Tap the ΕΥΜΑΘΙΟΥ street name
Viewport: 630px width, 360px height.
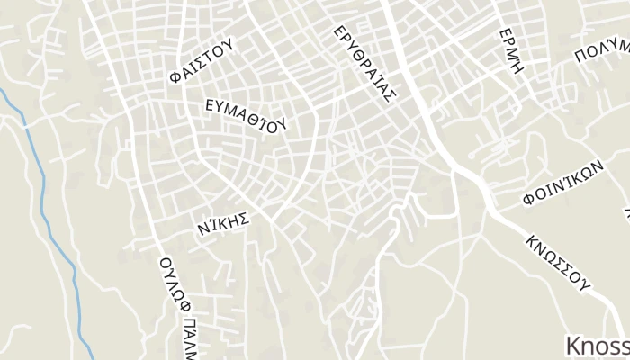pos(246,114)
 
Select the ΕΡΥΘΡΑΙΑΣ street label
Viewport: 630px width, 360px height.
pos(364,65)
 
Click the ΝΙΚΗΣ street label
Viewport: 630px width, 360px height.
pos(221,224)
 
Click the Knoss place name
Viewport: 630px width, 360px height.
pos(597,346)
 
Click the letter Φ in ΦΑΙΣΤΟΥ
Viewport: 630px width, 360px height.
pos(174,78)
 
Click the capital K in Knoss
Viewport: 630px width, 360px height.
pos(573,346)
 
